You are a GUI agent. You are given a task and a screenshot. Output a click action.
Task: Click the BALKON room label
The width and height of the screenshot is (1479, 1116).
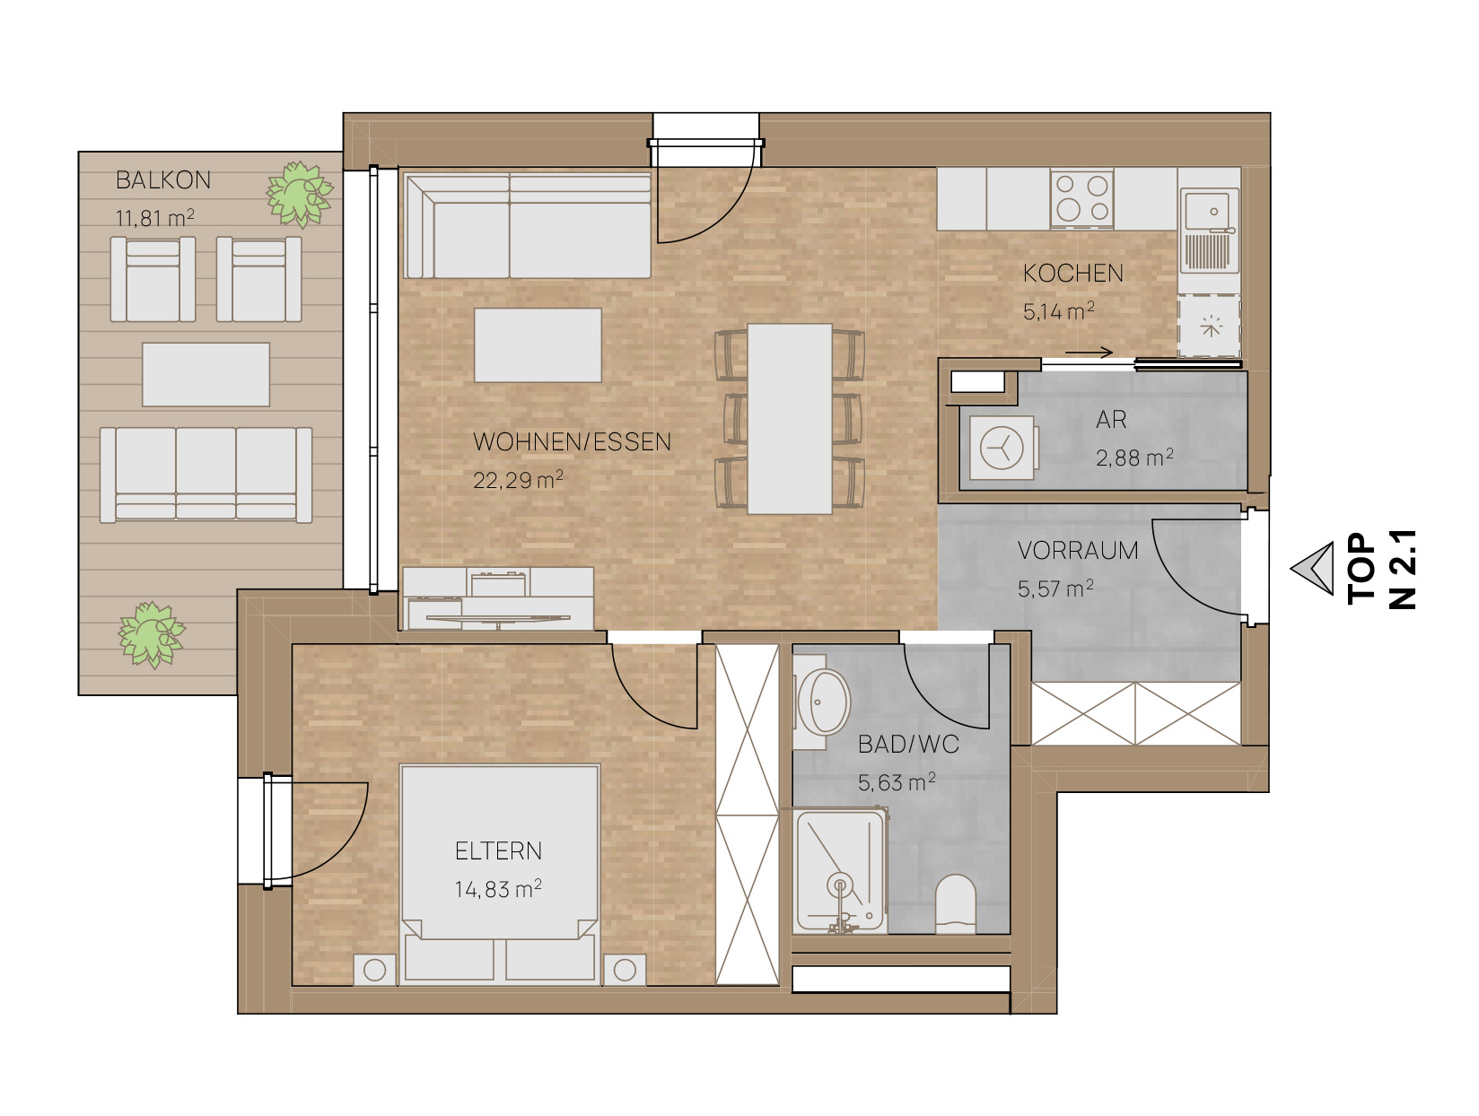(162, 179)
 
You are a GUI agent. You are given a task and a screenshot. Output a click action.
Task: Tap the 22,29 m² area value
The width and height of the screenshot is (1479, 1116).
(517, 480)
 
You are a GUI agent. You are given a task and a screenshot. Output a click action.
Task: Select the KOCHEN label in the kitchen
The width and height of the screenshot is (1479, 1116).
(1072, 274)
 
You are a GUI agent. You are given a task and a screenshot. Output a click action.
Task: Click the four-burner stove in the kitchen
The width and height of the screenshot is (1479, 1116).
(1081, 198)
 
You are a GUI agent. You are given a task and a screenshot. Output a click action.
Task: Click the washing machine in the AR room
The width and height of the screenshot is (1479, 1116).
(1002, 448)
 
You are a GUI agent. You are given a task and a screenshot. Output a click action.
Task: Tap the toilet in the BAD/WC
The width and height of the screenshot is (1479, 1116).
(956, 903)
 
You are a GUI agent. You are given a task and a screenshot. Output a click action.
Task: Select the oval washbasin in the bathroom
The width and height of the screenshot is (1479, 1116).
(823, 702)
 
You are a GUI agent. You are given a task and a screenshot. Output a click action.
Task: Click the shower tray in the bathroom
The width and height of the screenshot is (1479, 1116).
(839, 871)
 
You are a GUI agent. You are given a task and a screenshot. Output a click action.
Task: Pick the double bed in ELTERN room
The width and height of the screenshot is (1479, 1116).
(499, 874)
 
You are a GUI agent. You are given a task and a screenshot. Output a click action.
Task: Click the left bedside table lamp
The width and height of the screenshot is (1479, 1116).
(374, 970)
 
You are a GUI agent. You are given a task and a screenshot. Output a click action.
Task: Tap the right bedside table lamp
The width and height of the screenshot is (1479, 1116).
(625, 970)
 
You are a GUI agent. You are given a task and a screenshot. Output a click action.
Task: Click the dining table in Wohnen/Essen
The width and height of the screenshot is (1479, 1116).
(789, 418)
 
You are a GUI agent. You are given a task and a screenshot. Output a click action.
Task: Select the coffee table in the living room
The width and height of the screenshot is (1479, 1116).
(538, 344)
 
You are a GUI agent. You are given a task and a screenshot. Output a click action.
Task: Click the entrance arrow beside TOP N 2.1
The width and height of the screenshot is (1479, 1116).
(1313, 569)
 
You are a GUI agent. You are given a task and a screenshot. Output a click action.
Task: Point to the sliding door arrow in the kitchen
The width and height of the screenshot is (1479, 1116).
(1089, 353)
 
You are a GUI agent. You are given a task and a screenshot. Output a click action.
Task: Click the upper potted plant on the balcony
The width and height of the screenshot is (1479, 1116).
(299, 193)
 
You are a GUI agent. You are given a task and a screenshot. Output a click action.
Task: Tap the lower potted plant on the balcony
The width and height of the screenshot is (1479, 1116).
(152, 634)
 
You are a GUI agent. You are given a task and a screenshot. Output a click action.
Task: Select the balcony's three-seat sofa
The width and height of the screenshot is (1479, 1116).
(206, 475)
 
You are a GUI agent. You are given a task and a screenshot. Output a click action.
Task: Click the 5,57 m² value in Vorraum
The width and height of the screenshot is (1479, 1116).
(1055, 589)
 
